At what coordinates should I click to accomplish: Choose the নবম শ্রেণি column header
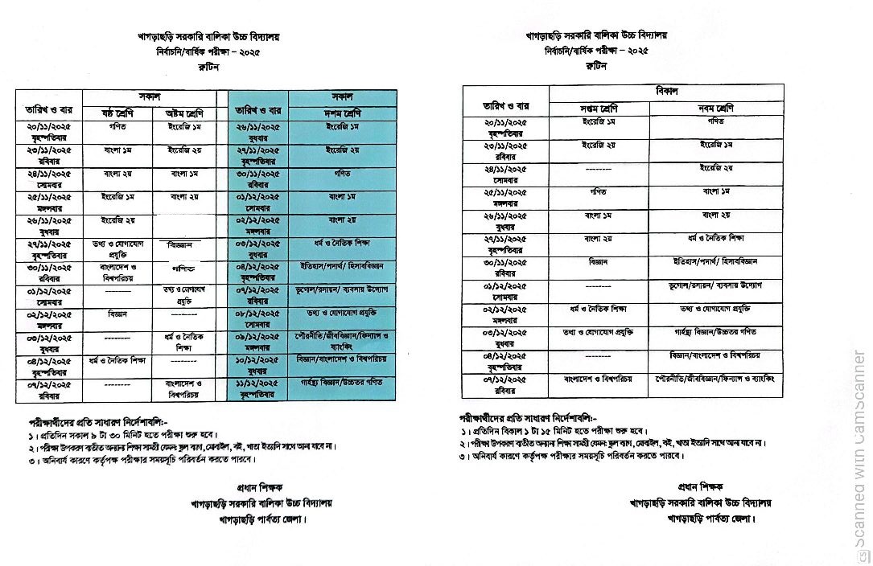coord(714,108)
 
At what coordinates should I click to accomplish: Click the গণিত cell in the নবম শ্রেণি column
coord(714,122)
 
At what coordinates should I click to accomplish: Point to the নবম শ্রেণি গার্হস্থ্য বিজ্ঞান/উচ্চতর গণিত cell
coord(714,331)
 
